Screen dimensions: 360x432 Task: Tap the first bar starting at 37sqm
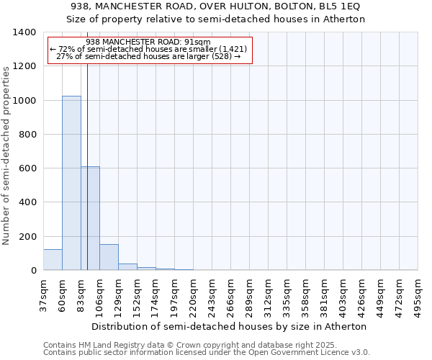pos(53,259)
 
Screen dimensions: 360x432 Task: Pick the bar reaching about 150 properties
pos(109,257)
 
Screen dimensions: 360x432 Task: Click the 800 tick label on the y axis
pos(27,135)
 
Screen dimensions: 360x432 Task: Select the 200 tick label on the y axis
pos(27,237)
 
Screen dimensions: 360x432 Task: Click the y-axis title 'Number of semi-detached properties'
pos(6,155)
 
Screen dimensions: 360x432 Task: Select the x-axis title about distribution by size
pos(229,326)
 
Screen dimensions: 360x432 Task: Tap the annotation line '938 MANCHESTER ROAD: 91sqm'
pos(148,42)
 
